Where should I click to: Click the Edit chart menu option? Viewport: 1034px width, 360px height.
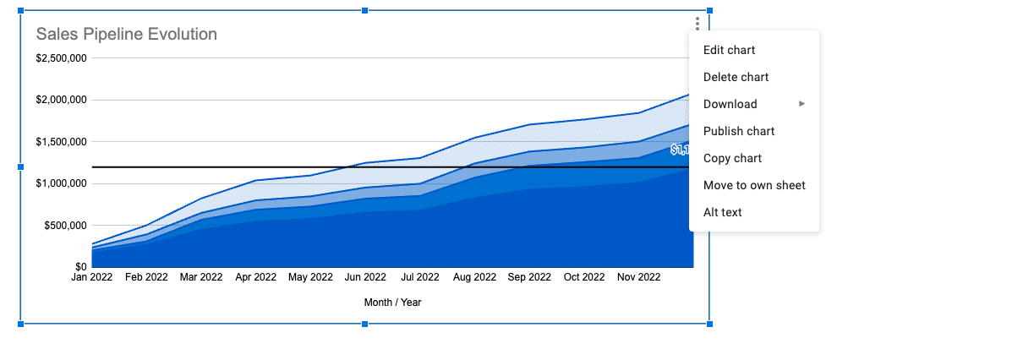click(x=729, y=50)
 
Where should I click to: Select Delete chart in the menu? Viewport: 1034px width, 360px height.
click(x=736, y=77)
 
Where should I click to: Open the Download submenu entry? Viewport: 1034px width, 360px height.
click(x=730, y=104)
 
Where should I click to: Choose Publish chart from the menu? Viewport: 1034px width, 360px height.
click(x=739, y=131)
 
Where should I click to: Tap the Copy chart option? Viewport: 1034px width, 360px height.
click(x=732, y=158)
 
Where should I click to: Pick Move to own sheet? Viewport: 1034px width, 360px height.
click(x=754, y=185)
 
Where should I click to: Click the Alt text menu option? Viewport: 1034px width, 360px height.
click(x=722, y=212)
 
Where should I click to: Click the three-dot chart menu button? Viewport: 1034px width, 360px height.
click(x=698, y=24)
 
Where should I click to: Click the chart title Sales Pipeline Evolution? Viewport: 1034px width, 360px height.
click(x=126, y=34)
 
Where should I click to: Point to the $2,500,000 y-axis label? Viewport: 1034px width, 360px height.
click(x=61, y=58)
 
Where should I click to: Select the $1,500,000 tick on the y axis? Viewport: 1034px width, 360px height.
click(x=61, y=142)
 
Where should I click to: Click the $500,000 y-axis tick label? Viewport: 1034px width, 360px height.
click(x=66, y=226)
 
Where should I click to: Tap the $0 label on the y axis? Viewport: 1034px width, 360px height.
click(x=80, y=267)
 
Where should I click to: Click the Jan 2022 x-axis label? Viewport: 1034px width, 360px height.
click(x=91, y=277)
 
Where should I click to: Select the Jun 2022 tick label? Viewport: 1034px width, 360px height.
click(x=365, y=277)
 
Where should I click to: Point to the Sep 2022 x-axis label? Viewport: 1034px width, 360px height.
click(x=529, y=277)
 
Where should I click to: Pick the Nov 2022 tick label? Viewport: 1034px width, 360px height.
click(x=639, y=277)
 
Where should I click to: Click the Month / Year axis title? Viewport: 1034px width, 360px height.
click(x=393, y=303)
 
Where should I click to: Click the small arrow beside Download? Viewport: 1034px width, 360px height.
click(x=802, y=104)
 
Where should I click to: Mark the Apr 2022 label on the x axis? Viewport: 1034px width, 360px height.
click(x=255, y=277)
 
